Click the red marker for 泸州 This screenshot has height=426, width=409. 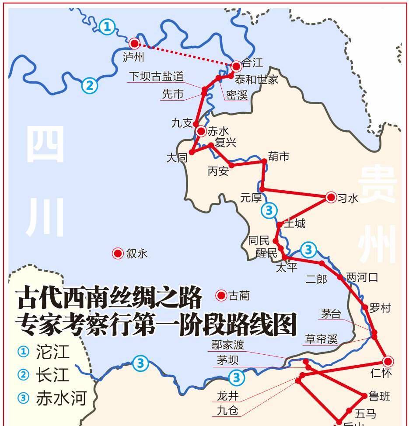[x=134, y=43]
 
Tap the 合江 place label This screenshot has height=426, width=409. [x=252, y=63]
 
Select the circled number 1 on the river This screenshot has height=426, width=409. [x=107, y=28]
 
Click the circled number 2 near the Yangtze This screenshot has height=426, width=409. [x=89, y=85]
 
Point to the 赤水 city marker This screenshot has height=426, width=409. [x=201, y=131]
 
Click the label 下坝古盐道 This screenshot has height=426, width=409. [x=156, y=77]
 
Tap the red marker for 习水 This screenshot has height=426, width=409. [x=331, y=197]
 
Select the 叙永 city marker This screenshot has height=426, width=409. [x=118, y=253]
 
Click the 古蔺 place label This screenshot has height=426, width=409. [x=239, y=296]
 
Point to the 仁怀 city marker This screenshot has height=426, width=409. [x=388, y=361]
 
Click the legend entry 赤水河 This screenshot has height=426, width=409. [x=61, y=398]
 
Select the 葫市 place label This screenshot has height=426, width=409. [x=279, y=156]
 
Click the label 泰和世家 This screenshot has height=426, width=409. [x=256, y=80]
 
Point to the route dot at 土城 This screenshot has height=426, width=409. [x=280, y=225]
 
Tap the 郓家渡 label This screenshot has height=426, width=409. [x=227, y=345]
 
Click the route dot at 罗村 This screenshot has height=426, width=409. [x=365, y=307]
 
